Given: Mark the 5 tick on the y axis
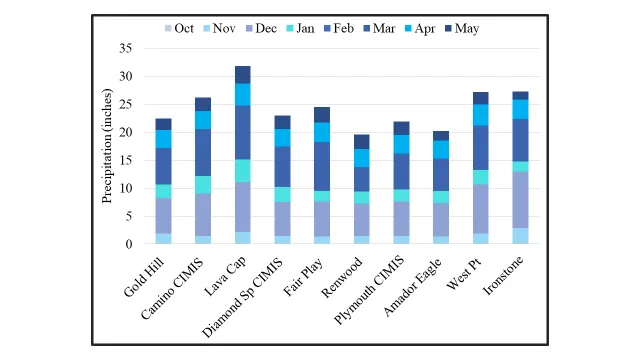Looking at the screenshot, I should click(x=128, y=216).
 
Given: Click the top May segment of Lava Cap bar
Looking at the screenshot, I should click(x=243, y=74).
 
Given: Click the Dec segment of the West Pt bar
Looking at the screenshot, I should click(x=481, y=209).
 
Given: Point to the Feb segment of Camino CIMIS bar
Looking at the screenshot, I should click(x=204, y=152).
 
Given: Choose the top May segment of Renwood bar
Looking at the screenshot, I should click(x=361, y=141).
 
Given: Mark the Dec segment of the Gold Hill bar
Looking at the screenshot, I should click(x=164, y=216).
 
